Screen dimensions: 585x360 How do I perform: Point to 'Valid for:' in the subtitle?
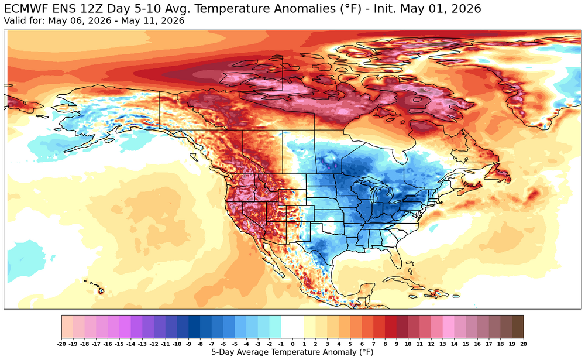[x=24, y=20]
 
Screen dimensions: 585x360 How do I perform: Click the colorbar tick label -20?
[x=62, y=344]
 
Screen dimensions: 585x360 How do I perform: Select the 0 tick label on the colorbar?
[x=292, y=344]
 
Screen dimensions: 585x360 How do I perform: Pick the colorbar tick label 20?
[x=524, y=344]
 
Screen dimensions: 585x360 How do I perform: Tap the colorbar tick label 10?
[x=408, y=344]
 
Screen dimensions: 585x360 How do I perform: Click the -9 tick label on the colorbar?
[x=189, y=344]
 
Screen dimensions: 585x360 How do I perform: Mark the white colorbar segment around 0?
[x=292, y=327]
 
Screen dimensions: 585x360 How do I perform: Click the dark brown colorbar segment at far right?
[x=518, y=327]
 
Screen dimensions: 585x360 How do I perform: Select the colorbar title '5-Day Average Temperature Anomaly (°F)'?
[x=292, y=352]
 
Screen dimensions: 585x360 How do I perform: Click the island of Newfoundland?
[x=501, y=174]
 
